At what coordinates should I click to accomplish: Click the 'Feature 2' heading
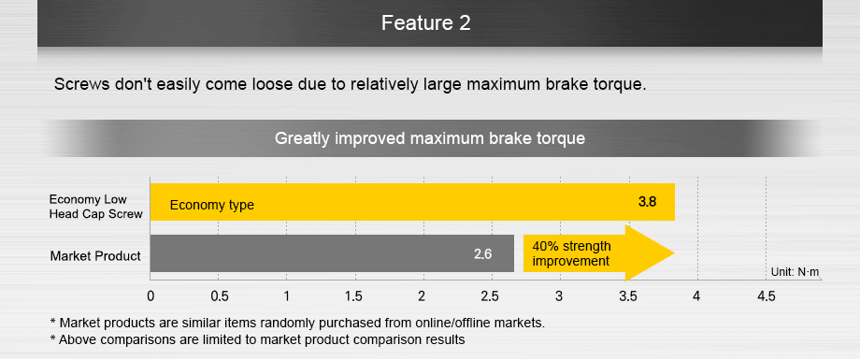click(x=425, y=23)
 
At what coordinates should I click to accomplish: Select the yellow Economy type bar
click(x=412, y=202)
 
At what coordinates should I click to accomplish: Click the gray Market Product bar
click(x=332, y=253)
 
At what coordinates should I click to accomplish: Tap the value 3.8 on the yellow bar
click(x=647, y=201)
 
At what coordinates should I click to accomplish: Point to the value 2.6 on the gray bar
click(x=482, y=254)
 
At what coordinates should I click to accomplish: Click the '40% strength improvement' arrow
click(x=598, y=253)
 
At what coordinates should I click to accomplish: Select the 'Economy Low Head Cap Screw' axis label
click(x=96, y=207)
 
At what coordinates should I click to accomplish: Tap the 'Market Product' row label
click(x=95, y=255)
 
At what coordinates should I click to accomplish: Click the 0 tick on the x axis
click(x=150, y=296)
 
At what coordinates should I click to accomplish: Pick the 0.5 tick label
click(x=220, y=296)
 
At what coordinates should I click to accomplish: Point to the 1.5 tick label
click(x=353, y=296)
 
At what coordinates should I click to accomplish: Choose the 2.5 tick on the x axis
click(x=490, y=296)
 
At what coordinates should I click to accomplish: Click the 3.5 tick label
click(x=628, y=296)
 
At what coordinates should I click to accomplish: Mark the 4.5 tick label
click(x=766, y=296)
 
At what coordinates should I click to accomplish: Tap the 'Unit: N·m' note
click(x=795, y=272)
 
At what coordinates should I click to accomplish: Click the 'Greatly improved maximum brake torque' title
click(x=429, y=138)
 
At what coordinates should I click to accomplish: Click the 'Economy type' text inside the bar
click(x=211, y=205)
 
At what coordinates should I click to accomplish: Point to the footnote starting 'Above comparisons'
click(x=257, y=339)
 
